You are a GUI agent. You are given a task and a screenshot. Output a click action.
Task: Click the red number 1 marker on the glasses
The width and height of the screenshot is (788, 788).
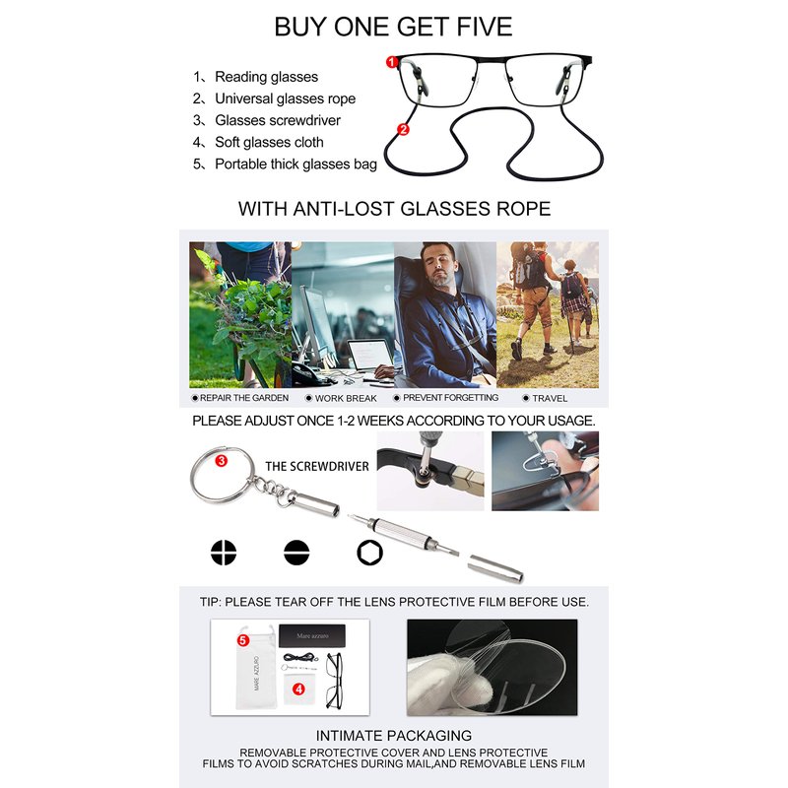pos(392,62)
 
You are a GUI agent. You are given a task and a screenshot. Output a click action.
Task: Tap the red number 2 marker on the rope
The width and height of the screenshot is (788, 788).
pos(403,130)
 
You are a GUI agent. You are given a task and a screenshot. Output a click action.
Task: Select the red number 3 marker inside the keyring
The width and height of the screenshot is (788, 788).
pos(221,460)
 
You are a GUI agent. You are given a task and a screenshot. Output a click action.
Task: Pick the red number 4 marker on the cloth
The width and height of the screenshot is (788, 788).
pos(299,689)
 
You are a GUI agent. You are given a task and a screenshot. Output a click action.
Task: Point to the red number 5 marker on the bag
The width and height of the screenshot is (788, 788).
pos(243,640)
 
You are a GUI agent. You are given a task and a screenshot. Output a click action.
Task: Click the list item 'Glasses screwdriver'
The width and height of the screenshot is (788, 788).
pos(278,120)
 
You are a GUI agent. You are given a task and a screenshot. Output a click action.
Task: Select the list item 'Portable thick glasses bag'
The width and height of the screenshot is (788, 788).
pos(296,164)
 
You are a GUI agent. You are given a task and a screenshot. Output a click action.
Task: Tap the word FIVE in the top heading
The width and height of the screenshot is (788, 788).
pos(484,27)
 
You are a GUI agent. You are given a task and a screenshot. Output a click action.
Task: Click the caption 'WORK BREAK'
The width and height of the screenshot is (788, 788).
pos(346,399)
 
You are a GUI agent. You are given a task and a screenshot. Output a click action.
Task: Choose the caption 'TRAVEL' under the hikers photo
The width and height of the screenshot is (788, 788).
pos(550,399)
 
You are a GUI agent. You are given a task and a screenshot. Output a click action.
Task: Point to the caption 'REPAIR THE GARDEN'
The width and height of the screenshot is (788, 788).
pos(244,398)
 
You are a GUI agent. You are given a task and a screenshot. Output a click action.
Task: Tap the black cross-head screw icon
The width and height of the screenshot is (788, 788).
pos(224,553)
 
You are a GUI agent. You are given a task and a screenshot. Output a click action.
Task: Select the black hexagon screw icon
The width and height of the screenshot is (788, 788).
pos(370,553)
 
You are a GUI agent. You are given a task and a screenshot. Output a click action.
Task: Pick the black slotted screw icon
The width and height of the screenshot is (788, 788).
pos(296,553)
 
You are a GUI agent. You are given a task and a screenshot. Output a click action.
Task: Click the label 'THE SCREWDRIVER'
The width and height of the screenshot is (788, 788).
pos(317,466)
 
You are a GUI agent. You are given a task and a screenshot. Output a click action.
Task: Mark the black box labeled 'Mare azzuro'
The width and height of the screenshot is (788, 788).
pos(312,635)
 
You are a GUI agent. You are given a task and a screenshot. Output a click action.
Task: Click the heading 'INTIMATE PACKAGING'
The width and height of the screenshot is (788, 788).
pos(394,736)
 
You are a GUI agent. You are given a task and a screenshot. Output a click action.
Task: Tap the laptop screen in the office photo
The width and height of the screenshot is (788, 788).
pos(371,355)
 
